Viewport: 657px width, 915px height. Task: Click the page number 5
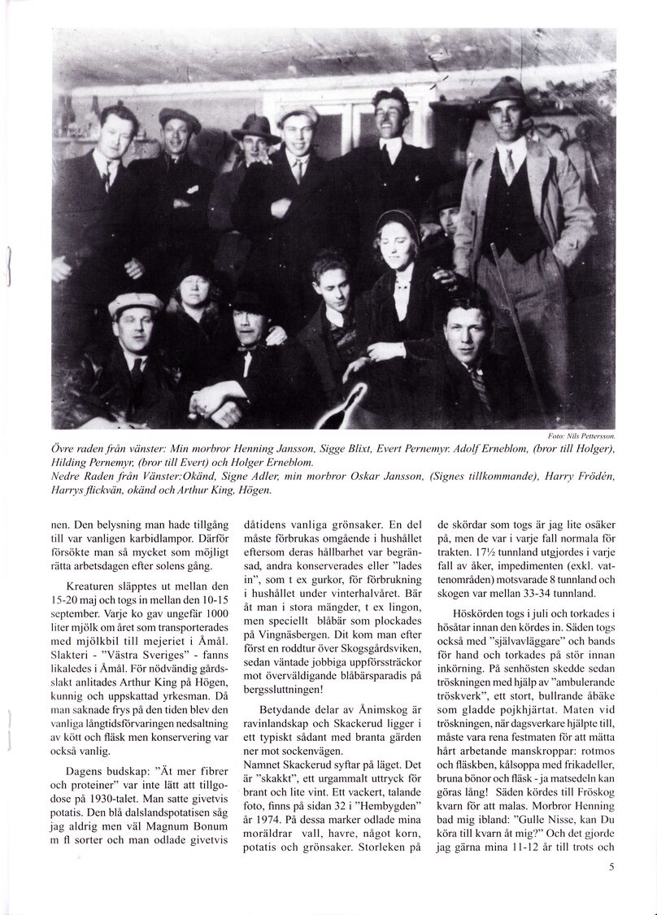(x=610, y=867)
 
